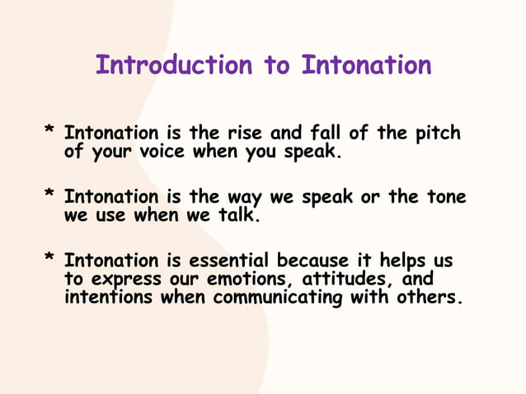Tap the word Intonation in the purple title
pos(366,65)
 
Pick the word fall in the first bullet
pos(331,133)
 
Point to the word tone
pos(445,198)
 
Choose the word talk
pos(238,216)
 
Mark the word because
pos(316,261)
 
